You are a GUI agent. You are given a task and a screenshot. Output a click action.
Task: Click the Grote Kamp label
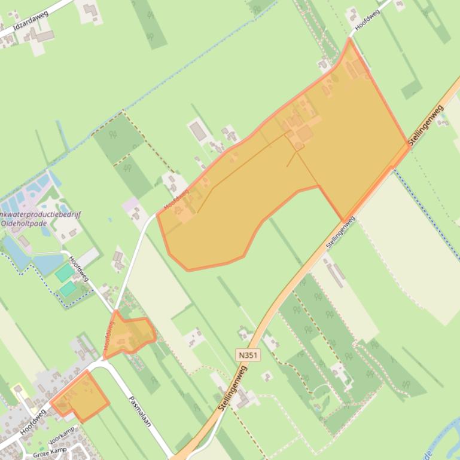(50, 453)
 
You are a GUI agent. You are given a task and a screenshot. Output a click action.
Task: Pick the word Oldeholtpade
(24, 223)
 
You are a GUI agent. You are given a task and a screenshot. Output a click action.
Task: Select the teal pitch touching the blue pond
(64, 273)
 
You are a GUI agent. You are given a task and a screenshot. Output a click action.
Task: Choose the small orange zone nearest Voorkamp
(80, 397)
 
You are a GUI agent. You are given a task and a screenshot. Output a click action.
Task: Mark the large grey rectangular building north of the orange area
(198, 131)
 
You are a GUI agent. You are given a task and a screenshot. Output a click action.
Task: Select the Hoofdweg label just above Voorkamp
(32, 421)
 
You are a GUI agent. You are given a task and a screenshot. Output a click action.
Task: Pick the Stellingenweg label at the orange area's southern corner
(340, 232)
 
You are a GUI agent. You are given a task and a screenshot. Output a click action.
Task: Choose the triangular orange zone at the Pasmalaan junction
(127, 335)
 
